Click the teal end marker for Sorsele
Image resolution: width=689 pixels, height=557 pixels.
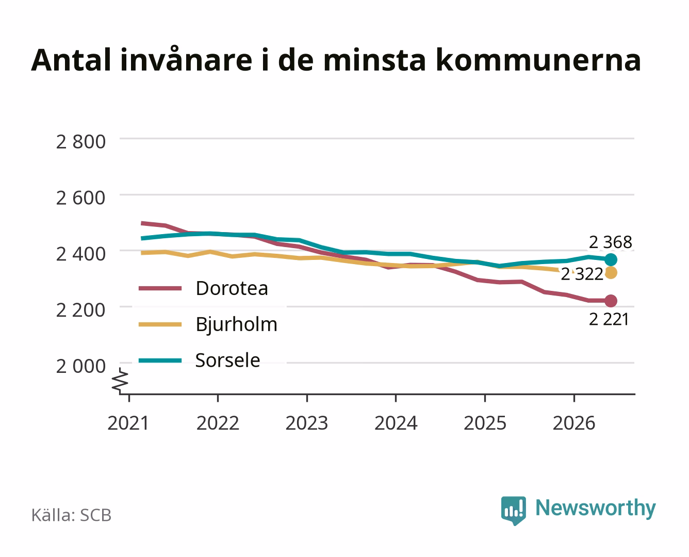[611, 259]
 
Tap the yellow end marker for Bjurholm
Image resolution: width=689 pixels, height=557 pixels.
[611, 273]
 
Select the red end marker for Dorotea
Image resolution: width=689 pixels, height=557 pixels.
[611, 301]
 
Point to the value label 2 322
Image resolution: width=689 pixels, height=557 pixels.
[582, 274]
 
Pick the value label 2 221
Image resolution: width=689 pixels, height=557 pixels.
[609, 320]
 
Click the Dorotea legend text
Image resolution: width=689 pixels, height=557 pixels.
[232, 288]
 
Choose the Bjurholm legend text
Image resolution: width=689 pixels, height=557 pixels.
[237, 324]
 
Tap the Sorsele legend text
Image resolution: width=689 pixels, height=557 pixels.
[228, 360]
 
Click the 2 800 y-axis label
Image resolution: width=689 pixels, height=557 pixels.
[81, 142]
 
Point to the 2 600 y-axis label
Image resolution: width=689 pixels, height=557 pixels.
[81, 198]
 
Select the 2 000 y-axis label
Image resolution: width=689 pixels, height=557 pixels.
[81, 367]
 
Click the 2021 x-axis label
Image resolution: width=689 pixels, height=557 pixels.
[128, 423]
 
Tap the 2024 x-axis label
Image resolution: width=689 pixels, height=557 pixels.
[396, 423]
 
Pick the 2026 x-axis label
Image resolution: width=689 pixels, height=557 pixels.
[574, 423]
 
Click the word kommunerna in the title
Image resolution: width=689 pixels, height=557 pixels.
[538, 60]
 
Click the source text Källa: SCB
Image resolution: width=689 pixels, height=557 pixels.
[71, 515]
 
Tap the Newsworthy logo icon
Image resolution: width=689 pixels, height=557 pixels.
[513, 511]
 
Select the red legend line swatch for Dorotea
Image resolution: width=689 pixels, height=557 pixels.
[160, 288]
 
